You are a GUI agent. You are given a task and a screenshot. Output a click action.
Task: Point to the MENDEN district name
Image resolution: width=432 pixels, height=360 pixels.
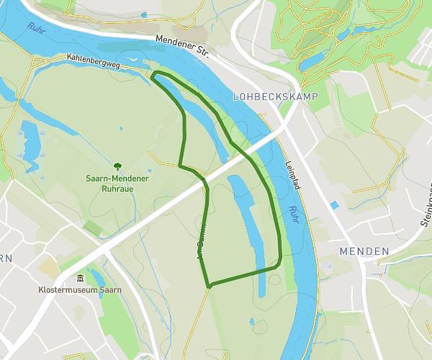363,251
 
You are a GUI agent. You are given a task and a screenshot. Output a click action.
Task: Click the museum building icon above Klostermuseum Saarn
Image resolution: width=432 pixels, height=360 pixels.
80,279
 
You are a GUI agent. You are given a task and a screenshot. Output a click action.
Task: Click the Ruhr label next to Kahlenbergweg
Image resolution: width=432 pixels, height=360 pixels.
36,28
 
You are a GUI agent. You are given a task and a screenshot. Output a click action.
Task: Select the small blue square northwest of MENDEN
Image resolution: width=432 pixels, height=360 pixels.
334,205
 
